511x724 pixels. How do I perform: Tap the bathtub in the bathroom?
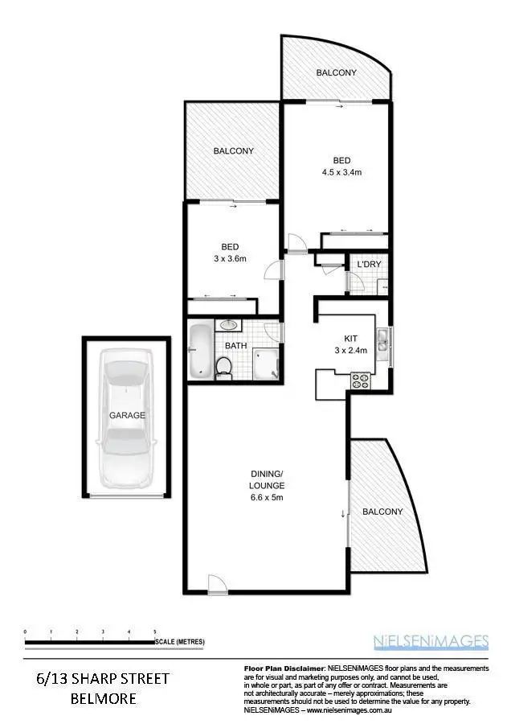pos(199,352)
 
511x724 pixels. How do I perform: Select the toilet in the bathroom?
pos(224,367)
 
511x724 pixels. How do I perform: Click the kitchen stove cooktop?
pos(360,381)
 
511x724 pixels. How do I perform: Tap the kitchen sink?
pos(384,341)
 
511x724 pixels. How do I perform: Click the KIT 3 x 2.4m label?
pos(350,344)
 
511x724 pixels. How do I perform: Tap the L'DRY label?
pos(368,265)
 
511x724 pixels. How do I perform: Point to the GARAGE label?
pos(128,415)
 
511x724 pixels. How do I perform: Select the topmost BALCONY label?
pos(336,73)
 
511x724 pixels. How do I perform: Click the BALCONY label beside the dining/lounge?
pos(382,512)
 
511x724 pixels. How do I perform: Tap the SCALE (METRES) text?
pos(181,641)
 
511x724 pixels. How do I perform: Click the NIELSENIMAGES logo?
pos(431,641)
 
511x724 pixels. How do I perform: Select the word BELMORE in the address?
pos(103,698)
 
